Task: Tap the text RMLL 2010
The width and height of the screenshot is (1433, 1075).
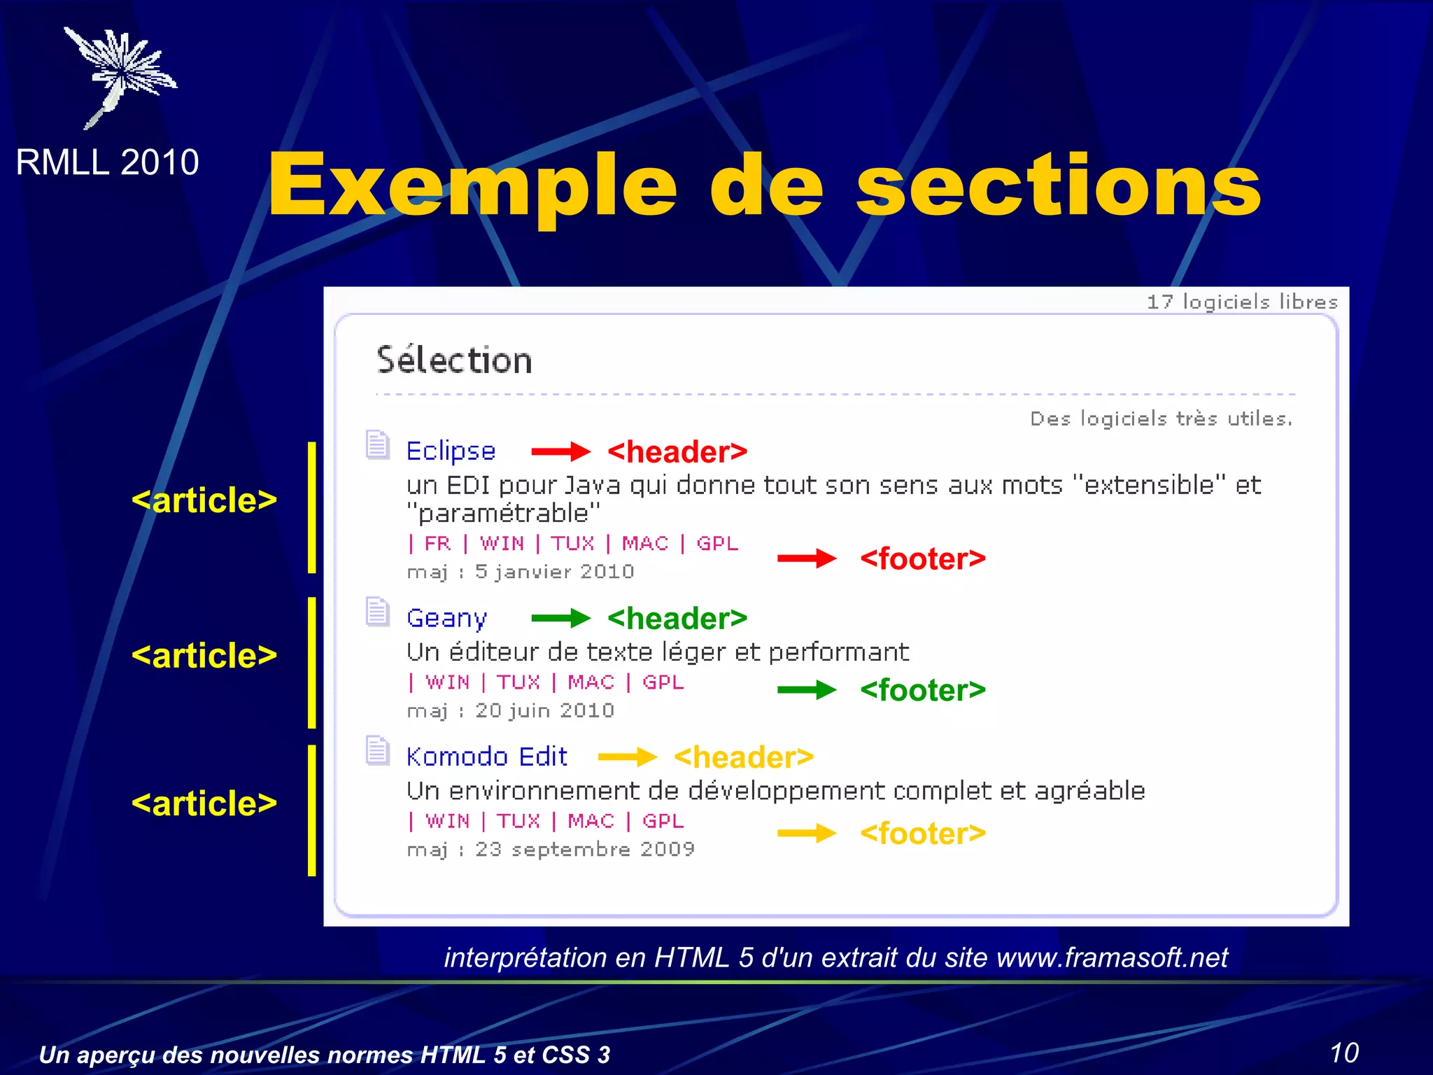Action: point(107,162)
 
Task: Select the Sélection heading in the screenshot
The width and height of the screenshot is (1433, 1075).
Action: point(454,360)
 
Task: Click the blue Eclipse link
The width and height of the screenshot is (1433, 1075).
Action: point(451,451)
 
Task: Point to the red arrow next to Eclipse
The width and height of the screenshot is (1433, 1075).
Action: point(560,451)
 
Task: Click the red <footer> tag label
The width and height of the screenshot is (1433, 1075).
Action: point(922,558)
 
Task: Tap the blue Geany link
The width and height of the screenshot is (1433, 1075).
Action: point(446,619)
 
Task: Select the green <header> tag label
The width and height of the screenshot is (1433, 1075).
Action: point(677,619)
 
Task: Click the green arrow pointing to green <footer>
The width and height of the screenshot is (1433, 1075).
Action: point(806,690)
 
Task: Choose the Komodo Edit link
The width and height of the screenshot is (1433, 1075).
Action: point(486,757)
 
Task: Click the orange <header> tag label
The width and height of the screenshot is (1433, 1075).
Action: point(743,757)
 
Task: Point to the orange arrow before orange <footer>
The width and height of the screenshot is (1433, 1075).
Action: point(806,833)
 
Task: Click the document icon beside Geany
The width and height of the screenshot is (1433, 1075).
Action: point(378,612)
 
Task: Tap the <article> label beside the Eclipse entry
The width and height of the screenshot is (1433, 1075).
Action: point(204,500)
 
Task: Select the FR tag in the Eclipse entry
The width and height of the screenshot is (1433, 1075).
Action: point(437,543)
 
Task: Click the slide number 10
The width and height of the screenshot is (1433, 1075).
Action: point(1343,1053)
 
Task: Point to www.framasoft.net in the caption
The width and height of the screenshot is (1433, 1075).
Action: point(1112,957)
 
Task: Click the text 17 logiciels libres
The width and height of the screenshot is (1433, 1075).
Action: point(1242,302)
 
